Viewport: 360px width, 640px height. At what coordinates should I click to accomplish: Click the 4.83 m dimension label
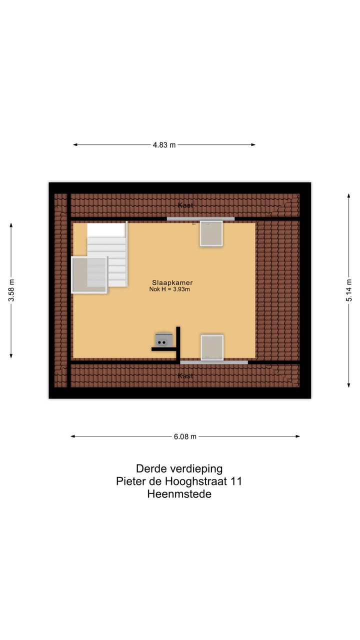(x=164, y=145)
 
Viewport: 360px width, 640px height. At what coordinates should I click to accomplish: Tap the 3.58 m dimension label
(x=11, y=290)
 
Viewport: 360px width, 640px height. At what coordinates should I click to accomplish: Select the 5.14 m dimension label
(x=349, y=290)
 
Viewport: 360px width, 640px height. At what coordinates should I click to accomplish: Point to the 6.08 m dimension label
(x=185, y=436)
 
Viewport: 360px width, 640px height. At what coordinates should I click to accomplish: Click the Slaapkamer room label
(x=172, y=282)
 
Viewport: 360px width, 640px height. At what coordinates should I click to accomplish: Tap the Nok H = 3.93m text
(x=169, y=289)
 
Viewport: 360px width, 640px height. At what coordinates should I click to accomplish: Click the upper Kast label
(x=185, y=205)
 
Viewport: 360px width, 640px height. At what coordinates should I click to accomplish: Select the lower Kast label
(x=185, y=375)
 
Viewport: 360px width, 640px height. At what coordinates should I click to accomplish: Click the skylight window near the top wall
(x=211, y=233)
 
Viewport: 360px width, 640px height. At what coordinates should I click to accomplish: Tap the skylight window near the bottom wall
(x=212, y=347)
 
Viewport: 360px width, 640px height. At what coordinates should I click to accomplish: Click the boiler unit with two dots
(x=163, y=340)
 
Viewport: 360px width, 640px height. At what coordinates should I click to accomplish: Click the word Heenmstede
(x=179, y=494)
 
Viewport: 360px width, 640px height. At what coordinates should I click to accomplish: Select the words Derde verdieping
(x=179, y=469)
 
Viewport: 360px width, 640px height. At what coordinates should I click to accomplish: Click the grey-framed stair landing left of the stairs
(x=89, y=274)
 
